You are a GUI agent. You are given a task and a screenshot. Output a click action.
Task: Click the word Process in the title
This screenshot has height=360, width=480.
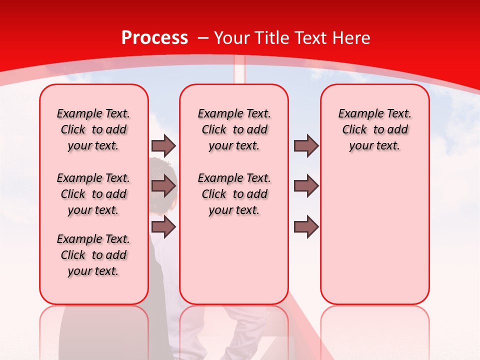tap(155, 38)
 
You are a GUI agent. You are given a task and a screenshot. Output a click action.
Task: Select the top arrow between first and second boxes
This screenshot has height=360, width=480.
tap(163, 145)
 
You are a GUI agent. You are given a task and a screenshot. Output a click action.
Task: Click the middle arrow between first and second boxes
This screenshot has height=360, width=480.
tap(163, 186)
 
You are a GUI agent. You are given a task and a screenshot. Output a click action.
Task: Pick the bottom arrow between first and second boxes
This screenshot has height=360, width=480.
tap(163, 226)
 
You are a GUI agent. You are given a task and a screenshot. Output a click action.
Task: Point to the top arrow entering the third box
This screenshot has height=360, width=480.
tap(306, 145)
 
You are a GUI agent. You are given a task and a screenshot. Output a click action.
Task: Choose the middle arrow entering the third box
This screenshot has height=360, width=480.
tap(306, 186)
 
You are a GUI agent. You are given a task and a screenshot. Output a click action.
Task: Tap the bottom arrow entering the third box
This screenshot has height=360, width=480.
tap(306, 226)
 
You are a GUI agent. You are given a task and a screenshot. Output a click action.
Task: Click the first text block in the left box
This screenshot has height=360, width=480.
tap(93, 129)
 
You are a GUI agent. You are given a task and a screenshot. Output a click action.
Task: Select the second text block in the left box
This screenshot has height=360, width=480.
tap(93, 194)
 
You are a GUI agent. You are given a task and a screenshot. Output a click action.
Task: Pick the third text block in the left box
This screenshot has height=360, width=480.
tap(93, 255)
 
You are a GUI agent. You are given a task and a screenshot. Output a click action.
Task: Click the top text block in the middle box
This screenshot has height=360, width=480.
tap(234, 129)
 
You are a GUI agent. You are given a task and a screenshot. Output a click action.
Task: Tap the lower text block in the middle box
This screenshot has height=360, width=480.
tap(234, 194)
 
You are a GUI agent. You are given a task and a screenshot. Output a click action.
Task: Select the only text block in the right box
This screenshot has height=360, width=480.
tap(374, 129)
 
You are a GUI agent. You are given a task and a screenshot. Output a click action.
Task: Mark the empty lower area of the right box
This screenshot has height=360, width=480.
tap(374, 240)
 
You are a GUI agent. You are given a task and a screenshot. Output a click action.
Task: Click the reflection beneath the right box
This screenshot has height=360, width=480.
tap(374, 330)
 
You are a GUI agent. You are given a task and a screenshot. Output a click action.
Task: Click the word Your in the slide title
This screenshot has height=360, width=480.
tap(232, 38)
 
